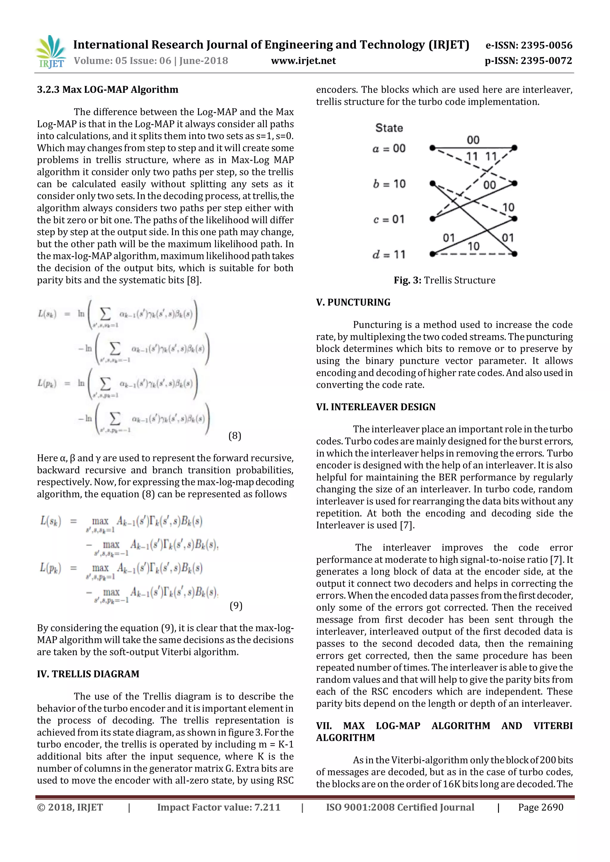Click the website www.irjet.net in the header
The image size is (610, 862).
click(303, 60)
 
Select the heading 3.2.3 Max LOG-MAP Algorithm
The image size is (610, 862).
click(108, 89)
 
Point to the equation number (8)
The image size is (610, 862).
click(235, 435)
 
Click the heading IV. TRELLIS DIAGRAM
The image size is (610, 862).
click(88, 674)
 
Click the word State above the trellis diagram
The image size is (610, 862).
click(389, 128)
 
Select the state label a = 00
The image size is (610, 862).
click(389, 149)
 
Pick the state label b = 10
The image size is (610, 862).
click(389, 184)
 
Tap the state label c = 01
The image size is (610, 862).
click(389, 219)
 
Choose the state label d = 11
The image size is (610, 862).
click(389, 254)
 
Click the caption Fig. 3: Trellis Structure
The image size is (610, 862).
click(444, 280)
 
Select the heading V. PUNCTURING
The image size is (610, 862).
click(353, 302)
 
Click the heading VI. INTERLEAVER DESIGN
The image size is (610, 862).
click(376, 407)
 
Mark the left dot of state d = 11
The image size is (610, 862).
click(432, 254)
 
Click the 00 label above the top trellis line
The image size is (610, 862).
click(473, 140)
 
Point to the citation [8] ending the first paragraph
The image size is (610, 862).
click(194, 280)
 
